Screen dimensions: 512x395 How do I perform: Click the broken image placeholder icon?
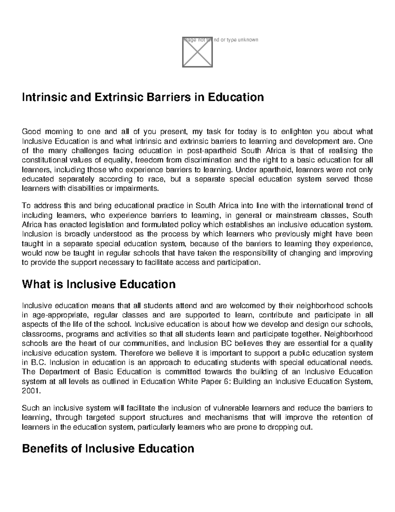pyautogui.click(x=197, y=52)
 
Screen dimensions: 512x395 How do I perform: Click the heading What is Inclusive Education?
pyautogui.click(x=98, y=284)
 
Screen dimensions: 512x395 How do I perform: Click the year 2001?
pyautogui.click(x=29, y=391)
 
